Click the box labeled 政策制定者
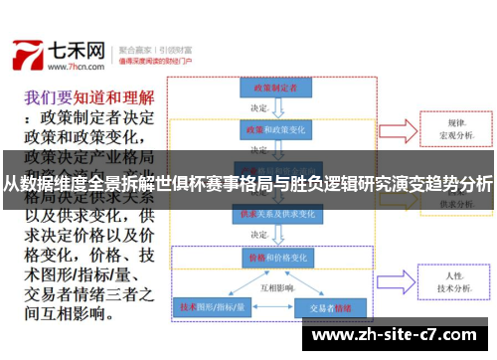click(269, 89)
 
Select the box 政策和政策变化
click(269, 129)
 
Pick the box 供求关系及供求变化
click(269, 214)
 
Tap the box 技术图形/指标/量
click(211, 307)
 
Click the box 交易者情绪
click(325, 307)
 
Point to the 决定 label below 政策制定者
click(259, 108)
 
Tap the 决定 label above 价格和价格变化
click(259, 235)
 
